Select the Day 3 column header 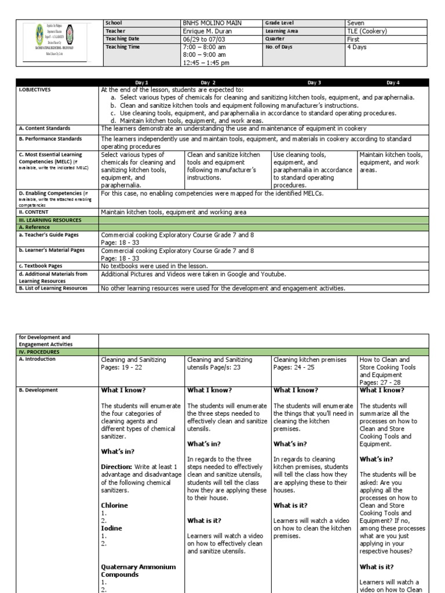[x=314, y=83]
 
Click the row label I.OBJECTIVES [x=35, y=90]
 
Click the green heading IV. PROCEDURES [x=39, y=352]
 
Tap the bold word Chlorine [x=114, y=505]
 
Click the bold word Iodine [x=111, y=529]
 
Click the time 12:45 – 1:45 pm [x=206, y=63]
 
